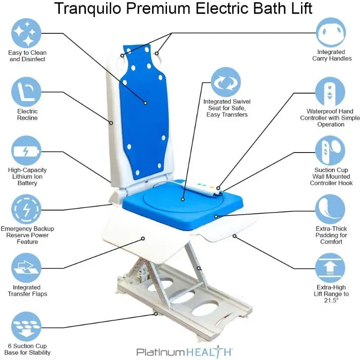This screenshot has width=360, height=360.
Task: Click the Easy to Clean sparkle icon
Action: pyautogui.click(x=26, y=33)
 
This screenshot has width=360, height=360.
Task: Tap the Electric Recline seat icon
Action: pyautogui.click(x=26, y=92)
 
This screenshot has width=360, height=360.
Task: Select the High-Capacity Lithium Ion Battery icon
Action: pyautogui.click(x=26, y=151)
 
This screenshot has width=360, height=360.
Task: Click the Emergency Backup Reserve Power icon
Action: pyautogui.click(x=26, y=209)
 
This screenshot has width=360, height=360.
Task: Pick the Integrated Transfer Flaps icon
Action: pyautogui.click(x=26, y=268)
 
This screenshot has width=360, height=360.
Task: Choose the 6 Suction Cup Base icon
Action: pyautogui.click(x=26, y=327)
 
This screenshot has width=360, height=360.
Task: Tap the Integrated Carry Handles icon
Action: pyautogui.click(x=331, y=32)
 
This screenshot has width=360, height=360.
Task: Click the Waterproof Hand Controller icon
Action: pyautogui.click(x=330, y=92)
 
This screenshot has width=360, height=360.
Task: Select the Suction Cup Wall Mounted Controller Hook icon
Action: pyautogui.click(x=330, y=151)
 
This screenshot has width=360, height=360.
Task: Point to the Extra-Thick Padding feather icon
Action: pyautogui.click(x=330, y=209)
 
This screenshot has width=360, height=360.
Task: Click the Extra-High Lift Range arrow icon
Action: pyautogui.click(x=330, y=268)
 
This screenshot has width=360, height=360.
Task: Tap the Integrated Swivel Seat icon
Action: pyautogui.click(x=226, y=82)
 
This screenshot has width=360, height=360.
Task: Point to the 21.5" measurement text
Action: pyautogui.click(x=331, y=300)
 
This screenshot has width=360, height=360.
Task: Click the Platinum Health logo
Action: pyautogui.click(x=184, y=351)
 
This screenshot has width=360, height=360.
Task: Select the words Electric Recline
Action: pyautogui.click(x=27, y=115)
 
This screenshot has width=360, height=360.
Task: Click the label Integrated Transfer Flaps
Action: pyautogui.click(x=27, y=291)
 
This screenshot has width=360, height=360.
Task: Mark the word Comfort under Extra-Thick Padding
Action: pyautogui.click(x=331, y=242)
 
